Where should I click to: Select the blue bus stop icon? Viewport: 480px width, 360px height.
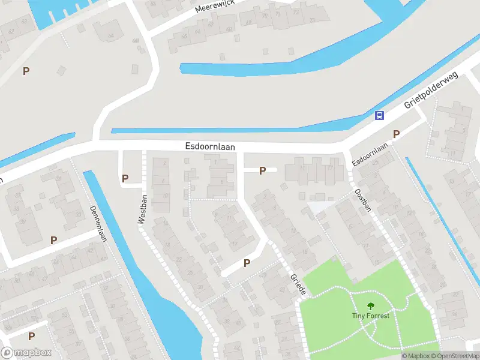point(379,115)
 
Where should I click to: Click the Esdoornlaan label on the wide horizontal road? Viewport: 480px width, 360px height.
point(209,146)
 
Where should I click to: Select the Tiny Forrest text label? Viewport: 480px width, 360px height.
point(370,316)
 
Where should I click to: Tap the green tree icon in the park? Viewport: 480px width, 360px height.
point(370,305)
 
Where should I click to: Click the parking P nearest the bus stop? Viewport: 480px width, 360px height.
point(396,134)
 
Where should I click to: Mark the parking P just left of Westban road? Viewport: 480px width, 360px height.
point(125,178)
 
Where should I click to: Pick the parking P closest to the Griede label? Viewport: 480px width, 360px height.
point(247,263)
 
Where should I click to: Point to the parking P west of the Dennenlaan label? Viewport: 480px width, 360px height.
point(53,240)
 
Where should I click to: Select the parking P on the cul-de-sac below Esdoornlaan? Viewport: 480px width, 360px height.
point(262,171)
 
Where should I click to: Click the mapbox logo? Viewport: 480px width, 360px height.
point(26,353)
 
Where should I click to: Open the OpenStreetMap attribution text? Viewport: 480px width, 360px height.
point(456,356)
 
